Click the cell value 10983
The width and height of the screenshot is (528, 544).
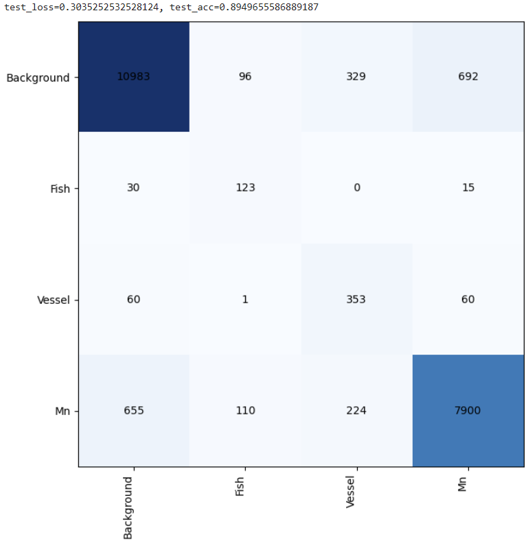click(133, 76)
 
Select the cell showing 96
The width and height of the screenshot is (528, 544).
click(245, 76)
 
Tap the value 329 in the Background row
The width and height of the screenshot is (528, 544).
click(356, 76)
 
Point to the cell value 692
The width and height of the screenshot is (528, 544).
click(468, 76)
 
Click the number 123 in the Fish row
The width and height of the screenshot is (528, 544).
click(245, 188)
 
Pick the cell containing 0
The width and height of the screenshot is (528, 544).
click(356, 188)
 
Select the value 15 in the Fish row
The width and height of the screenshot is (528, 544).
click(468, 188)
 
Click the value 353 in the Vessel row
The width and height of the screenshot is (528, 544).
click(356, 299)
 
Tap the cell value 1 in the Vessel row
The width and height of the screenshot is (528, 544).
click(245, 299)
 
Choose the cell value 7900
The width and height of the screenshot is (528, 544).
click(468, 410)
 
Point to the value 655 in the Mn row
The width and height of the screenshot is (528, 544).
click(133, 410)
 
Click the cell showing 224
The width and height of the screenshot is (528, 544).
click(356, 410)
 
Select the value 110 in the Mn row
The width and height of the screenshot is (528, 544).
click(245, 410)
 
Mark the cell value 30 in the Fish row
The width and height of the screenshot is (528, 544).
click(133, 188)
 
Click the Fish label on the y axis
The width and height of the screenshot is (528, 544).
click(60, 189)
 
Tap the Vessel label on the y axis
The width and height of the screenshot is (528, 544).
click(53, 300)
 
